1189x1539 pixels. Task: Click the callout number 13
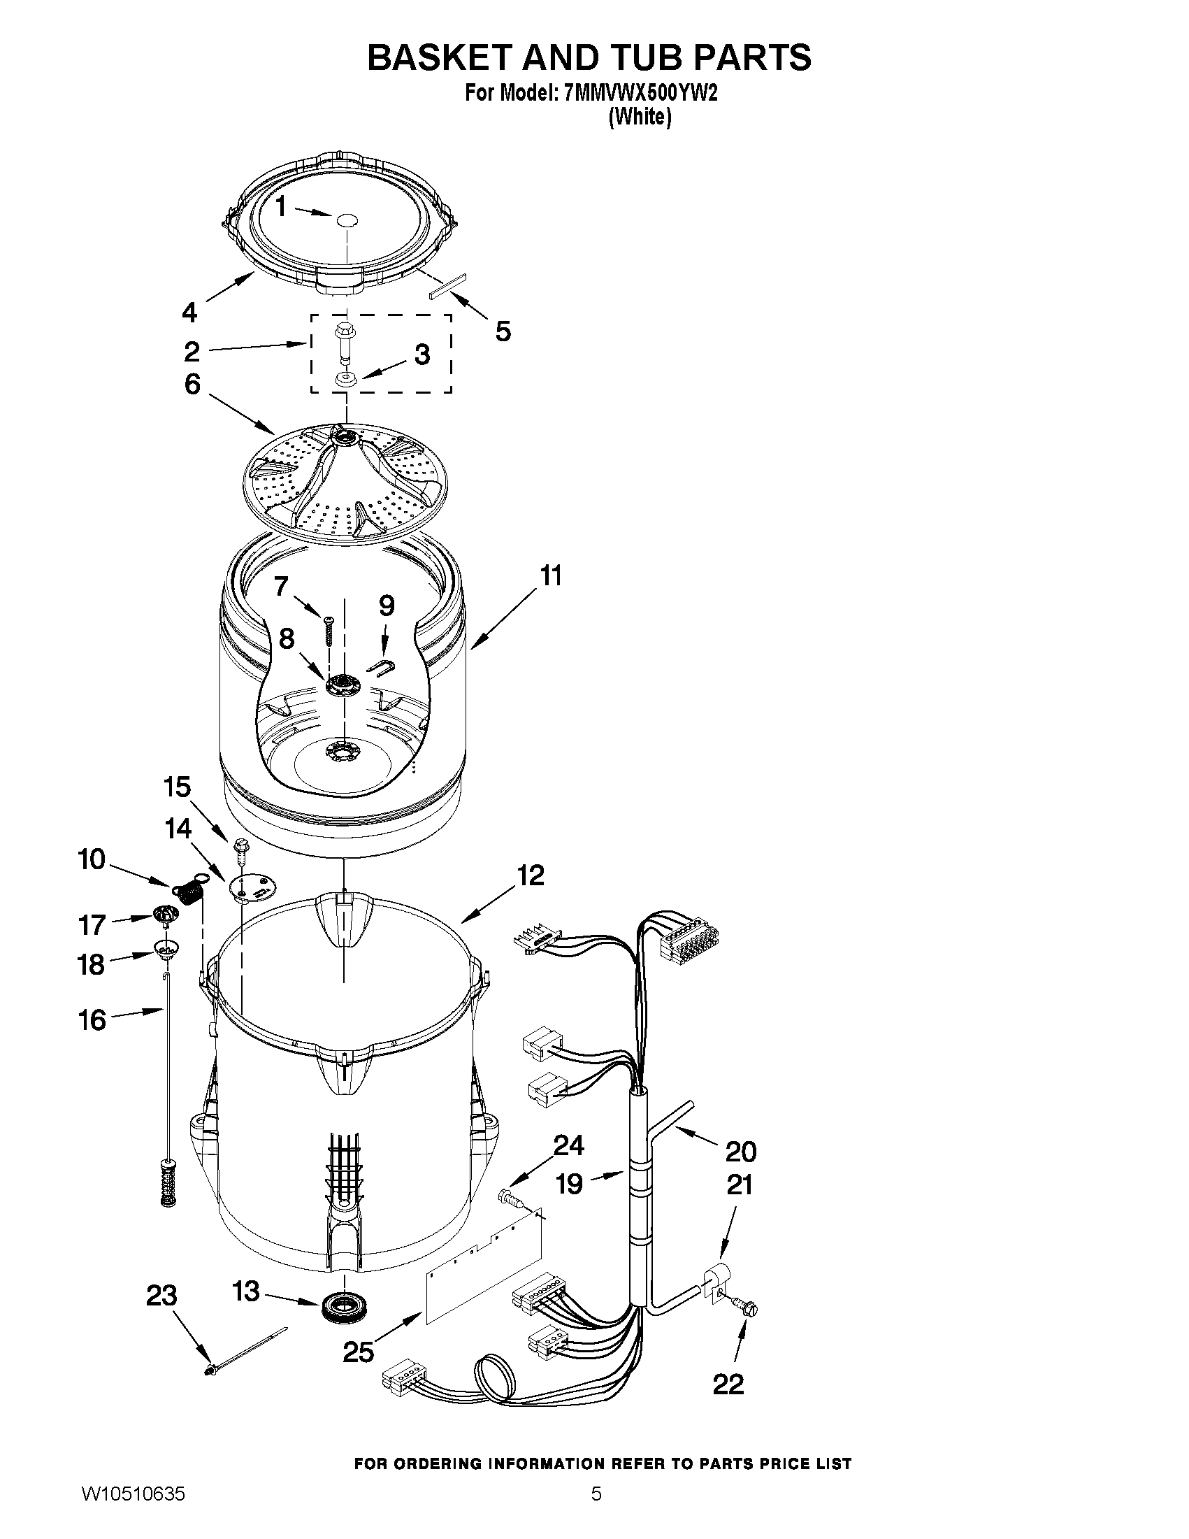coord(246,1291)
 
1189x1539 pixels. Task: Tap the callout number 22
coord(728,1384)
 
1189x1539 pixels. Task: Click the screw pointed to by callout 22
coord(747,1308)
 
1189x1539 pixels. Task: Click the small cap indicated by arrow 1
coord(347,220)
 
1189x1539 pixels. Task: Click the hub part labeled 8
coord(343,684)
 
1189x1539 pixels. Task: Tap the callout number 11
coord(551,575)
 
